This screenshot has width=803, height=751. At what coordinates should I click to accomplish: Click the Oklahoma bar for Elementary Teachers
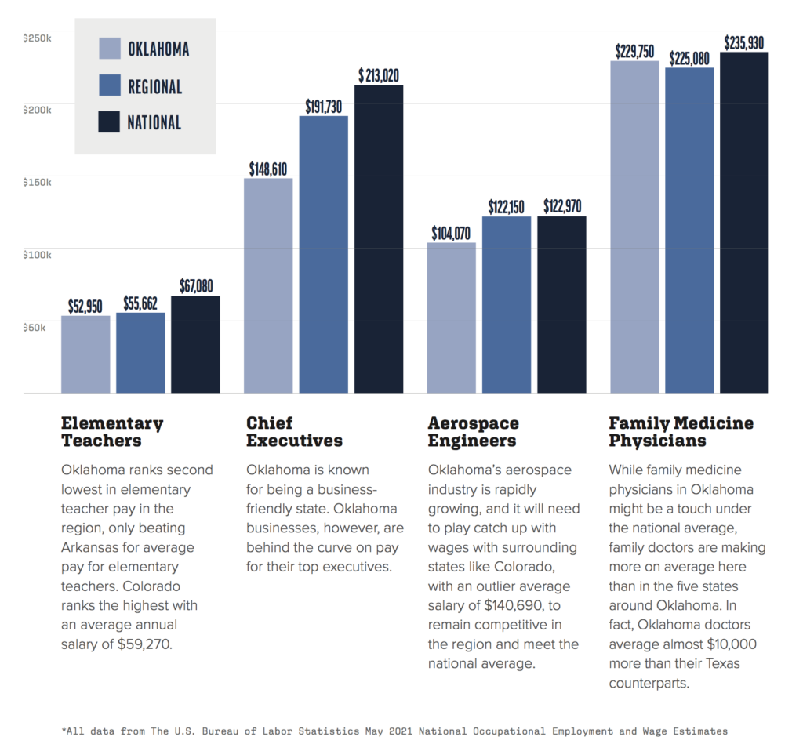tap(85, 354)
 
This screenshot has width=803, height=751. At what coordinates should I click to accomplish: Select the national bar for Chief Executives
tap(379, 239)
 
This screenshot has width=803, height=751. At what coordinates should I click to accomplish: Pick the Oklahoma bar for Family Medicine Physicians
tap(634, 227)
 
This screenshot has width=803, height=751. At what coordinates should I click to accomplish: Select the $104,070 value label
tap(452, 234)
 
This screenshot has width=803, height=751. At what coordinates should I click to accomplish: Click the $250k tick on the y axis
tap(37, 37)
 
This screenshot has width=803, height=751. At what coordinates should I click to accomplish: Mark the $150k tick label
tap(37, 182)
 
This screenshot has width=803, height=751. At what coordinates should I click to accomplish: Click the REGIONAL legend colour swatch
tap(110, 85)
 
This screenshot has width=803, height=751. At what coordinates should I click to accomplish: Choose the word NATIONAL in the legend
tap(154, 122)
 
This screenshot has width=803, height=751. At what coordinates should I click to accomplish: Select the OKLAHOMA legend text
tap(158, 49)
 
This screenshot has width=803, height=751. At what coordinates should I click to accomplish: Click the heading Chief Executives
tap(294, 432)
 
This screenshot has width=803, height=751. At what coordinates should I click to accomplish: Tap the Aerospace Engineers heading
tap(473, 432)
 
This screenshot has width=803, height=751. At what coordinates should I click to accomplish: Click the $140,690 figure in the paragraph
tap(511, 605)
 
